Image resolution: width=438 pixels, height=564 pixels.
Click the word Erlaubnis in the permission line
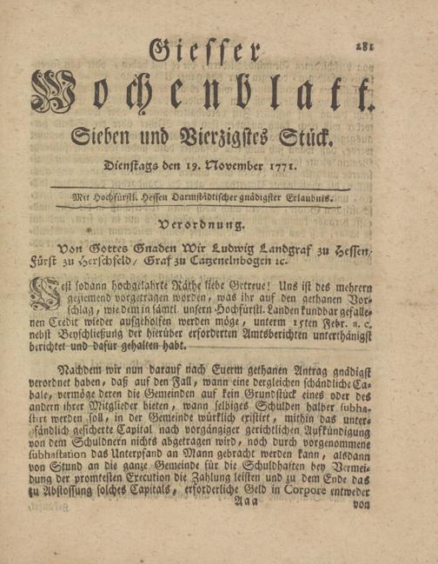click(310, 198)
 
